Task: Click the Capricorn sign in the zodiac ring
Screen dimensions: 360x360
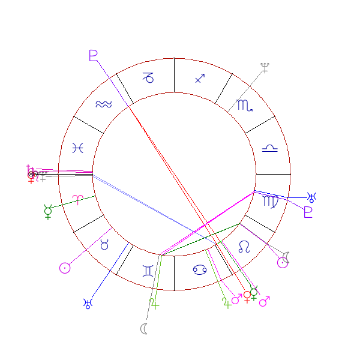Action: (x=148, y=77)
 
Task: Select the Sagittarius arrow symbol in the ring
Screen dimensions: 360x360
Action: (x=200, y=77)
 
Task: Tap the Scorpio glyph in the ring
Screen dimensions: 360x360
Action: (x=245, y=106)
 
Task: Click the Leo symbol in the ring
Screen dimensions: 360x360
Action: (x=244, y=246)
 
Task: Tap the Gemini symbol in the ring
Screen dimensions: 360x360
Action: (x=148, y=271)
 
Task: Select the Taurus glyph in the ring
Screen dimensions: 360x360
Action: (x=104, y=244)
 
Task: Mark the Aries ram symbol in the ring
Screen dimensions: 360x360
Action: (x=78, y=199)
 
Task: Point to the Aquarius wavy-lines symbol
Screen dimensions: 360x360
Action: (x=103, y=104)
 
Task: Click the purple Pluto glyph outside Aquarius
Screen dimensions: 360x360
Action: (x=93, y=56)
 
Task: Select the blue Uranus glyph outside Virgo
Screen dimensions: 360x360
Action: (x=313, y=196)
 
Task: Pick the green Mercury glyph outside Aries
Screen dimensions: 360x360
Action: (x=48, y=211)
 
